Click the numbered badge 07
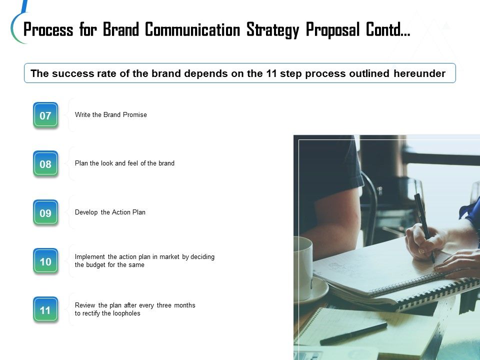point(45,115)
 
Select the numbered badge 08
point(45,164)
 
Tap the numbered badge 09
point(45,213)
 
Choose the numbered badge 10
point(45,261)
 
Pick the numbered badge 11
point(45,310)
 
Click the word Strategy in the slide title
point(272,30)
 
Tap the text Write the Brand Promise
point(111,115)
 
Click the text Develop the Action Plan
point(110,212)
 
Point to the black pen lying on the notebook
point(353,333)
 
